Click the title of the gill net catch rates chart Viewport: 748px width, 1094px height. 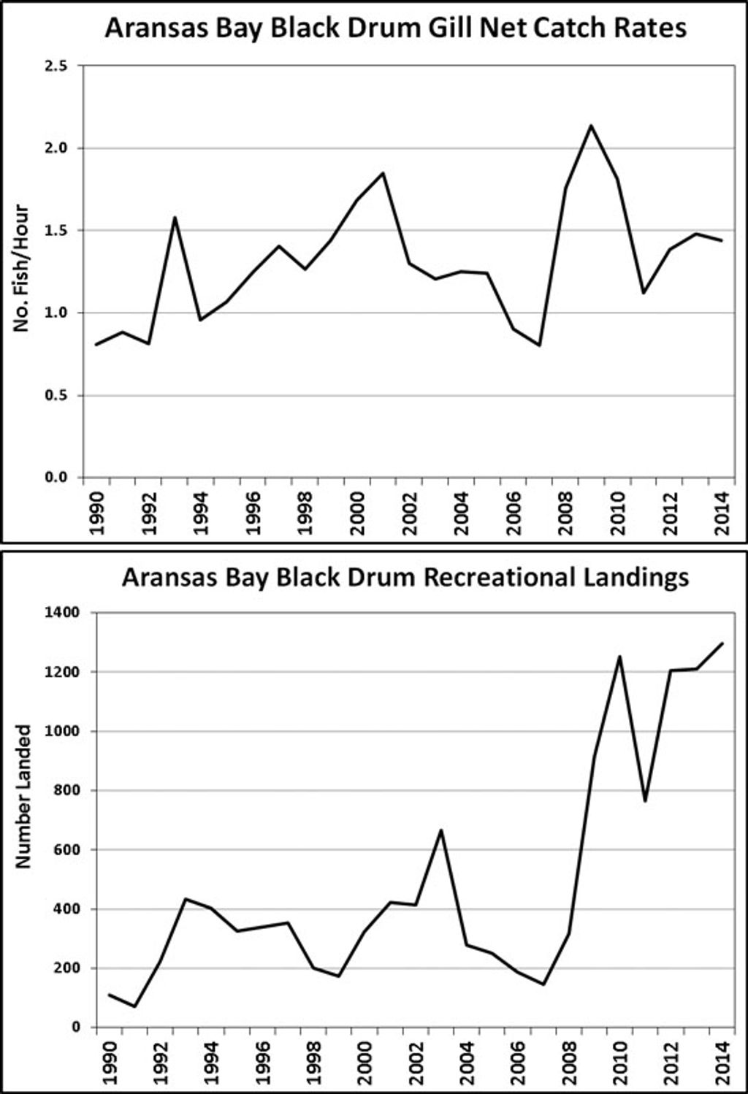point(395,28)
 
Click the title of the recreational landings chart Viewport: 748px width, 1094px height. point(405,577)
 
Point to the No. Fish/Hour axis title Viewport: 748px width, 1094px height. point(22,268)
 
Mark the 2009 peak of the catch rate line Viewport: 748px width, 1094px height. point(591,126)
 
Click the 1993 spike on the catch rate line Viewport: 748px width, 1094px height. point(175,218)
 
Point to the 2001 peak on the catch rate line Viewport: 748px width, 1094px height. point(383,173)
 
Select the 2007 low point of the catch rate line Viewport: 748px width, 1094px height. point(539,345)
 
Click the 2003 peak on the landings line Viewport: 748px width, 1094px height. point(440,830)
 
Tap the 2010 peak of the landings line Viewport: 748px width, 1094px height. point(619,657)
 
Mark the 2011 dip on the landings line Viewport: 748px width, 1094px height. point(645,801)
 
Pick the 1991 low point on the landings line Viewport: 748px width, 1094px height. point(134,1006)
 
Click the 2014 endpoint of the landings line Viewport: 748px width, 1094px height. point(722,643)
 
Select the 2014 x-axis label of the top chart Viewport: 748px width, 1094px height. point(722,513)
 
